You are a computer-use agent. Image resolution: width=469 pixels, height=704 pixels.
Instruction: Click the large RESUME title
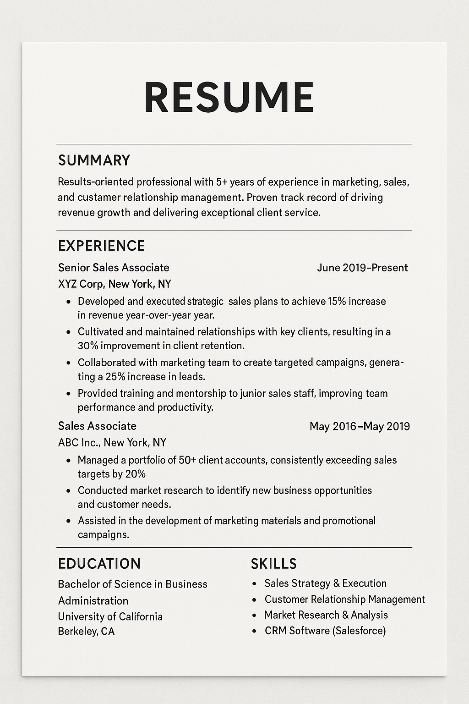coord(229,97)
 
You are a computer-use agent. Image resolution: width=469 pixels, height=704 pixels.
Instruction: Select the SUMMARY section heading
coord(94,160)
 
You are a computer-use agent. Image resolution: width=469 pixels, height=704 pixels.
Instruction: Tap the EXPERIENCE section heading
coord(101,246)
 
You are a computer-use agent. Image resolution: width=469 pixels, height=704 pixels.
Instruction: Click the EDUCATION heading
coord(99,564)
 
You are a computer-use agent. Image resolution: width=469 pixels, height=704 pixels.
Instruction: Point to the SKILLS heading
coord(274,564)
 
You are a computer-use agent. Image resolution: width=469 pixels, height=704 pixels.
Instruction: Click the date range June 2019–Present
coord(362,268)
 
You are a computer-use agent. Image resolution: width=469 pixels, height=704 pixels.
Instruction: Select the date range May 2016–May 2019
coord(360,426)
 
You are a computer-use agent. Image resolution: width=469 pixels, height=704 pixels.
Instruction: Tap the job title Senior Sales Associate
coord(114,268)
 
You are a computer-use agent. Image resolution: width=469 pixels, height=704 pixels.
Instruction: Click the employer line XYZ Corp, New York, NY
coord(115,284)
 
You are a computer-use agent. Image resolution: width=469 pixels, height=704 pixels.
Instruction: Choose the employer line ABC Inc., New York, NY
coord(112,443)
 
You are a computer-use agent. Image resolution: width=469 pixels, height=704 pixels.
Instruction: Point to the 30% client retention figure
coord(87,346)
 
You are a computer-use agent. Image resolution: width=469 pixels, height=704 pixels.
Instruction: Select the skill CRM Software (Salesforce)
coord(325,631)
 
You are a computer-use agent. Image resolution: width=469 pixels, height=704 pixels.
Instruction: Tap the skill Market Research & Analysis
coord(326,615)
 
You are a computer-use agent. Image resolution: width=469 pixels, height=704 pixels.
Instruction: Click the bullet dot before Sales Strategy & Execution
coord(255,584)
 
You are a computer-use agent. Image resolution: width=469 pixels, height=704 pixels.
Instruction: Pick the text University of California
coord(110,616)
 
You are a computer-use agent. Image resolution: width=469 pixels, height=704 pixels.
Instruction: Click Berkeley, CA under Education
coord(86,632)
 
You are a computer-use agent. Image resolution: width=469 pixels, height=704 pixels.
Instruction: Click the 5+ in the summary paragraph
coord(222,182)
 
